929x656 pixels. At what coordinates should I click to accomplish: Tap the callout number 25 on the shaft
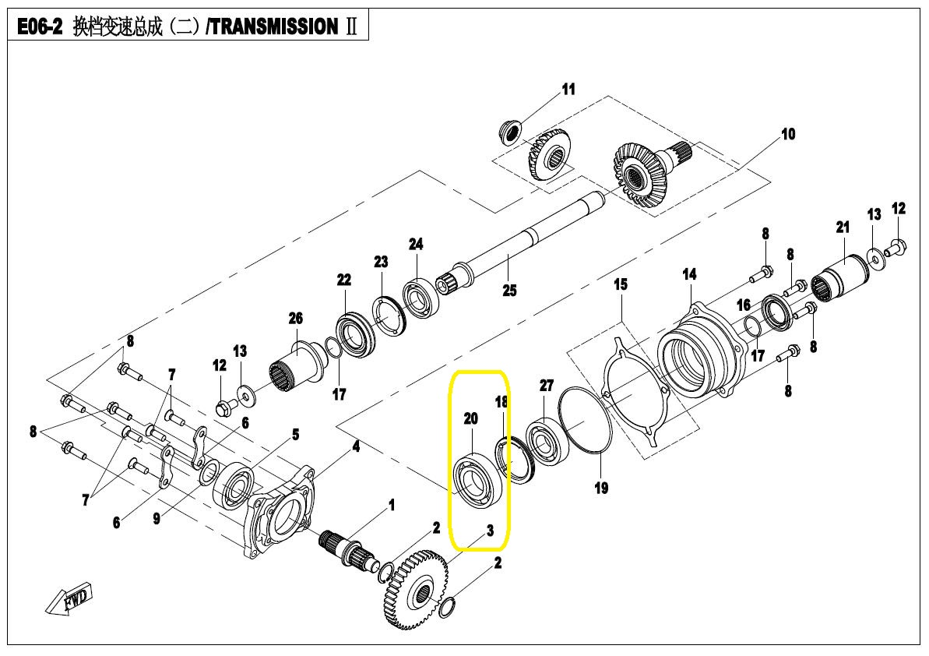click(509, 291)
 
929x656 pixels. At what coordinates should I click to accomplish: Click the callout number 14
click(690, 274)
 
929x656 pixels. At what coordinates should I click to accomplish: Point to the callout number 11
click(568, 89)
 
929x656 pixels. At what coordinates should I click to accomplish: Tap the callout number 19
click(601, 488)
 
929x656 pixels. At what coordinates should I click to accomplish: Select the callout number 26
click(295, 319)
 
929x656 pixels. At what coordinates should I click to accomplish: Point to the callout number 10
click(788, 134)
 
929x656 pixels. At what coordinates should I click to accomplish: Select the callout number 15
click(621, 284)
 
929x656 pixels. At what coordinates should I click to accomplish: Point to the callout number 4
click(356, 446)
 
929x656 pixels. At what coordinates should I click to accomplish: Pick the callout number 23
click(380, 262)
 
